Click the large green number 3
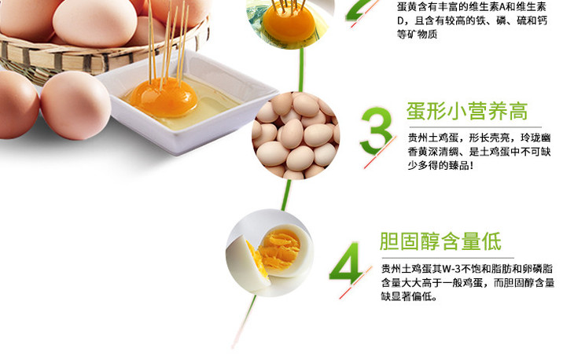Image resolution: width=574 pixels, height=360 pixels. [x=376, y=130]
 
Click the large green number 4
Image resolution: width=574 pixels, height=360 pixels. [x=345, y=262]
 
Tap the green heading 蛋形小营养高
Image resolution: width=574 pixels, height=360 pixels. [x=467, y=111]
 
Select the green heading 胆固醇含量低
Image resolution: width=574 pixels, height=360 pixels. [x=440, y=241]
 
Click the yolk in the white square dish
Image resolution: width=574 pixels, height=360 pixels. [x=164, y=97]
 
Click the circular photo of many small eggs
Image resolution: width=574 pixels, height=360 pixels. [x=296, y=136]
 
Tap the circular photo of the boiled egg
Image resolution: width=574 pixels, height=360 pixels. [x=270, y=253]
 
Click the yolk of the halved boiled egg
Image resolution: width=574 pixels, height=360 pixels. [x=279, y=248]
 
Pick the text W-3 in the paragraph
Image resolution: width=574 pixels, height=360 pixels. [x=451, y=269]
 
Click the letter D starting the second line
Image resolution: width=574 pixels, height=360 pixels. [x=400, y=21]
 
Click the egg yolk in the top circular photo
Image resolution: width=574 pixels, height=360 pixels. [x=289, y=22]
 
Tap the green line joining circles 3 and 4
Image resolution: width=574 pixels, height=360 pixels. [x=286, y=195]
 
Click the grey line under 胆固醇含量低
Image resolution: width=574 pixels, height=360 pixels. [x=447, y=258]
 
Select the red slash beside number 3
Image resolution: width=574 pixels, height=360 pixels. [x=380, y=152]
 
